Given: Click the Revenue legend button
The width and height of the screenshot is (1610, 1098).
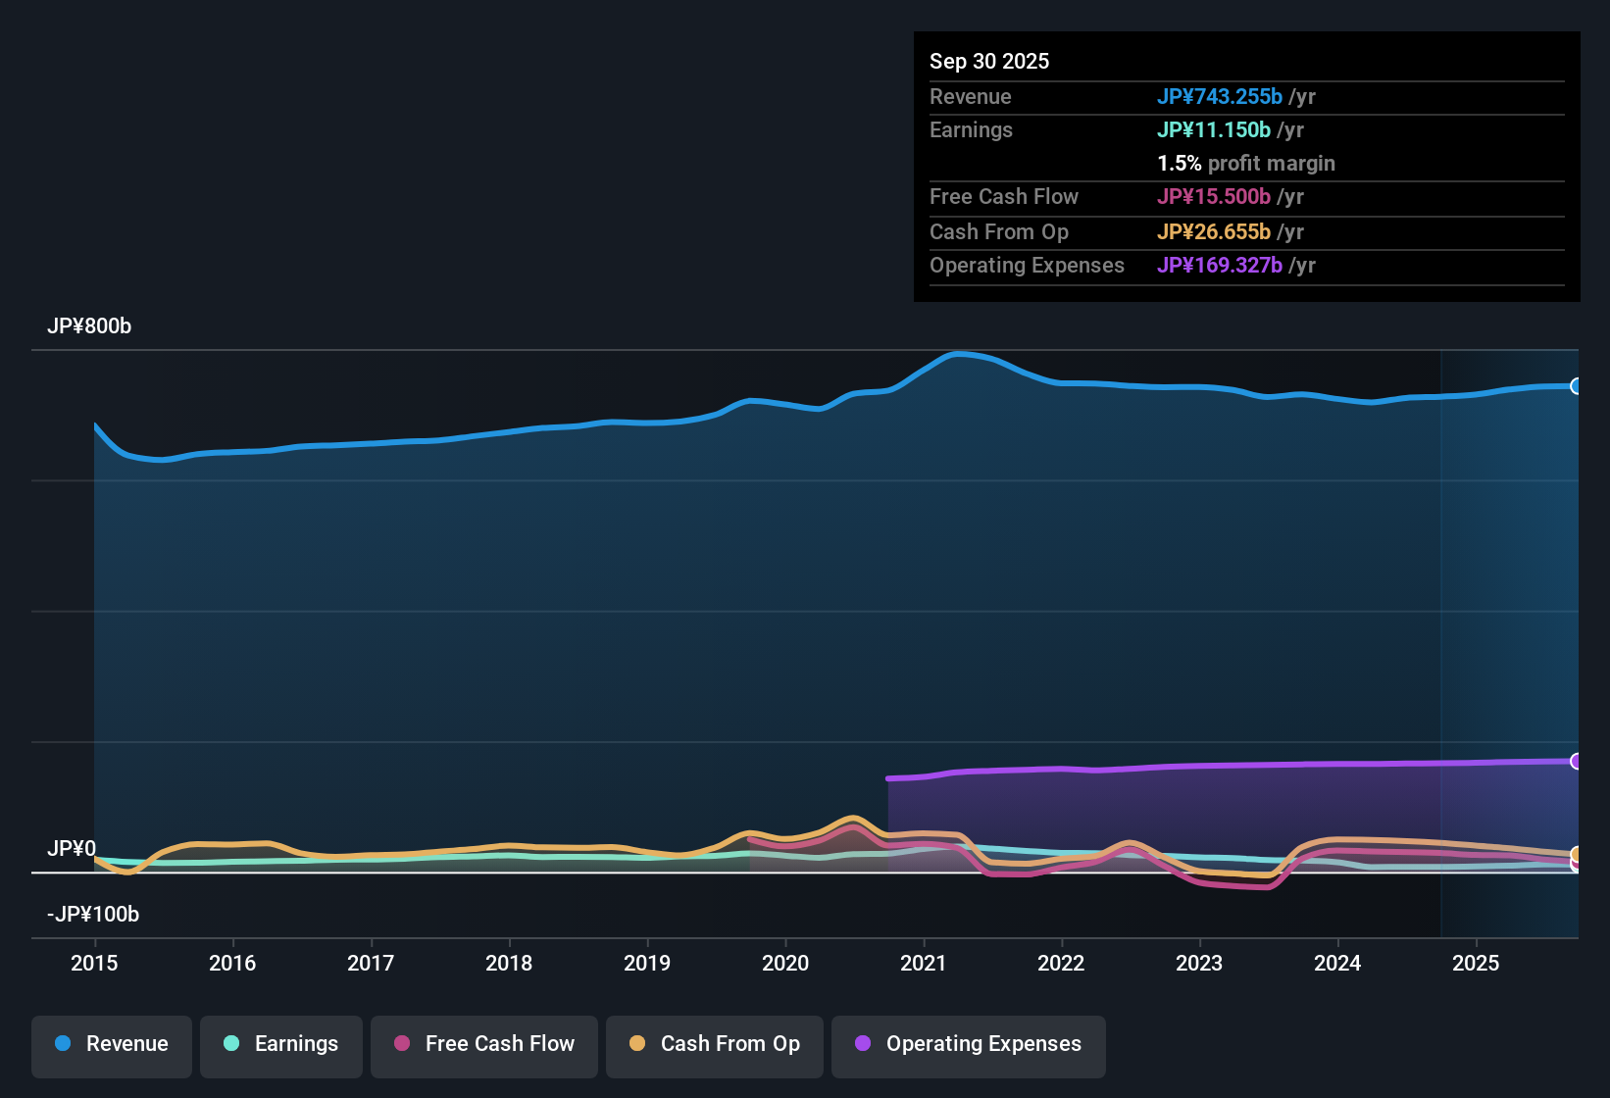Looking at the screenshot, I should [112, 1044].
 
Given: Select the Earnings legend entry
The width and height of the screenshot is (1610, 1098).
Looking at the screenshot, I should [281, 1044].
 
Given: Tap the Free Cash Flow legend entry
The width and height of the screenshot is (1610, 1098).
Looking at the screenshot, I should [484, 1044].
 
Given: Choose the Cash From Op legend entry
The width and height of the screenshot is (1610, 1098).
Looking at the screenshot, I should [715, 1044].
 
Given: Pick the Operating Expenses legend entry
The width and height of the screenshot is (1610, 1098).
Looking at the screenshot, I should [969, 1044].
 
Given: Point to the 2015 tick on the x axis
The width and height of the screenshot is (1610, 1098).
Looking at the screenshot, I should [94, 963].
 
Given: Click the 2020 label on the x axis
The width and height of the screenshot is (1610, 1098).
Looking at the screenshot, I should [785, 963].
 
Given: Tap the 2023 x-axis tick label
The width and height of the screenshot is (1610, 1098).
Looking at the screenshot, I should [1199, 963].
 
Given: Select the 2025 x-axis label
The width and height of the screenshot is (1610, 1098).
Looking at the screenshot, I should [1476, 963].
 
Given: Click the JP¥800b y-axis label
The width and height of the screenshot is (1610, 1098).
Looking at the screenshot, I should [89, 326].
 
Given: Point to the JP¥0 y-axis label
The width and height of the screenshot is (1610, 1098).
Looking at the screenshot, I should [72, 849].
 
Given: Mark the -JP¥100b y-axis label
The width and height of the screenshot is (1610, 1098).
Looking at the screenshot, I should [93, 915].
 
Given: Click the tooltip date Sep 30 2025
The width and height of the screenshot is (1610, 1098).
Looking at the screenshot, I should [989, 61].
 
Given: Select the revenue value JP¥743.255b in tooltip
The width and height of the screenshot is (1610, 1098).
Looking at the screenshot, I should [1219, 96].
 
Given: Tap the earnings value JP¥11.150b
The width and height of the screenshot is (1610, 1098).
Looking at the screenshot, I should [1213, 129].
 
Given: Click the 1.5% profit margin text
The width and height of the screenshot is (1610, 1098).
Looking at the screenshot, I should [1245, 164].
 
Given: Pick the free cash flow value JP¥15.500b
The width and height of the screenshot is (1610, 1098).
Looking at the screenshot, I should [1213, 196].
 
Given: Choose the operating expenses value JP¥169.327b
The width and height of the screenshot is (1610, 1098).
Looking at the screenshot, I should [1219, 265].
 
